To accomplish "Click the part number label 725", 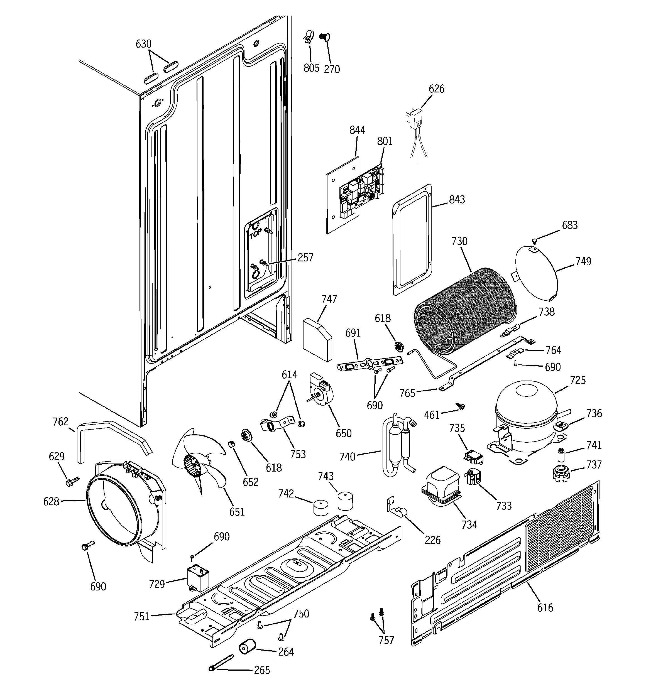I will [578, 380].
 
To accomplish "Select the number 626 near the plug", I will [437, 89].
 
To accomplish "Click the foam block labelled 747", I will [317, 339].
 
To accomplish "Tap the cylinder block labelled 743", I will [345, 501].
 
